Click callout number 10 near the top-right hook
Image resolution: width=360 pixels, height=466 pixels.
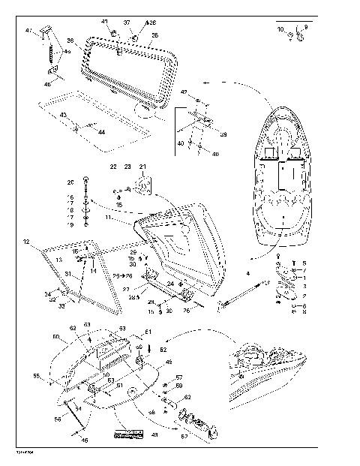[280, 29]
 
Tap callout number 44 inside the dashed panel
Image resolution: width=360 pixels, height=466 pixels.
[101, 131]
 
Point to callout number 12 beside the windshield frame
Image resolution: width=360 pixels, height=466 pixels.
[25, 242]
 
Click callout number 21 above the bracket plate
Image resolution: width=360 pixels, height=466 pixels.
[143, 166]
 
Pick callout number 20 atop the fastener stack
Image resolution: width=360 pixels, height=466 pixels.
[71, 182]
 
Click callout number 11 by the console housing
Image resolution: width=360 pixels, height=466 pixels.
[108, 218]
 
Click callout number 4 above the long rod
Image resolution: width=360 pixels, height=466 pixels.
[247, 275]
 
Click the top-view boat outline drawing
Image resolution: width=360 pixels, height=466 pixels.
[283, 178]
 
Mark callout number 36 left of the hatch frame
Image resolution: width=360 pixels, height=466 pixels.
[70, 41]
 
